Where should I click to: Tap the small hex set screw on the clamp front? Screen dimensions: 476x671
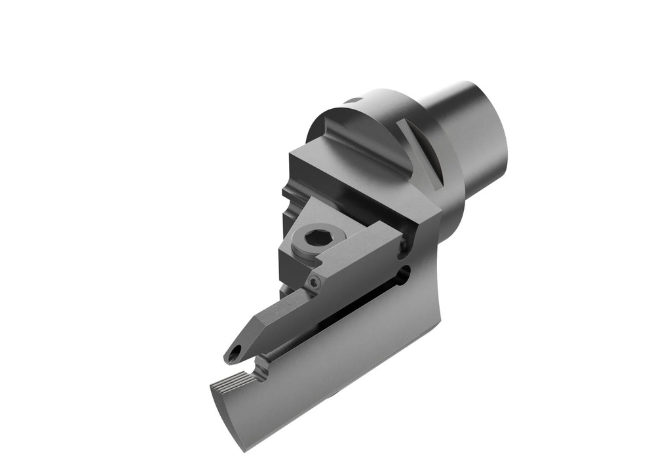(x=316, y=283)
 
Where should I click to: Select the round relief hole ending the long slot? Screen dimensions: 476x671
(x=404, y=272)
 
